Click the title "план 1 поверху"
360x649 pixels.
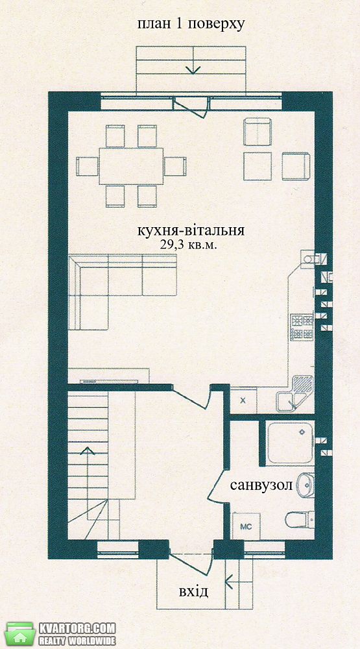(191, 24)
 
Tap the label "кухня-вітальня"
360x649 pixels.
(191, 230)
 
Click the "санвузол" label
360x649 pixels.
(261, 485)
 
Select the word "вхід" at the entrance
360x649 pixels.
(193, 592)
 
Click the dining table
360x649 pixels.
(131, 166)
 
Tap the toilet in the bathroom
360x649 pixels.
(300, 519)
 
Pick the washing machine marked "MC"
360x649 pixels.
(246, 526)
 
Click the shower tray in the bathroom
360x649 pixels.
(290, 443)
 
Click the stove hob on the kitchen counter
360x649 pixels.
(302, 327)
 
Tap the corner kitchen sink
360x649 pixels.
(294, 393)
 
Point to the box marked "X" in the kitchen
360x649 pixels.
(243, 400)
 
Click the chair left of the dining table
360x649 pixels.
(87, 166)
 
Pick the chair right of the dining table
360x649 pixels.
(175, 166)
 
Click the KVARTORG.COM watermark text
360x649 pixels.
(77, 628)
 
